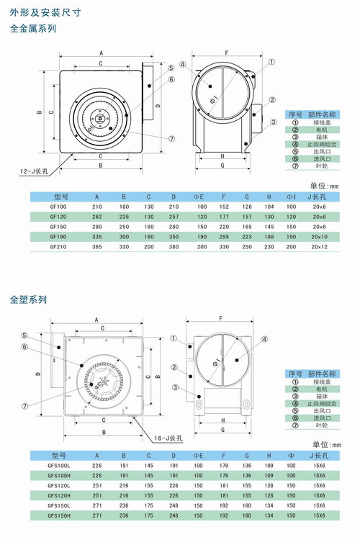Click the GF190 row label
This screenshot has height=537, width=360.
pos(59,235)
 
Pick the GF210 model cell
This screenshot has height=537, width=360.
pos(59,245)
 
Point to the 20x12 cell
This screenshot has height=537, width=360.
pos(319,245)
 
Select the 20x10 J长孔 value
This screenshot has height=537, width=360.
pos(319,235)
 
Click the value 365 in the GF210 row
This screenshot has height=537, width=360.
pos(97,245)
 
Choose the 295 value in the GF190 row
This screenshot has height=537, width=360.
pos(225,235)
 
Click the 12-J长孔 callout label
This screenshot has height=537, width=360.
pos(34,171)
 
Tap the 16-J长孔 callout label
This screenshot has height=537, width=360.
pos(170,437)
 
